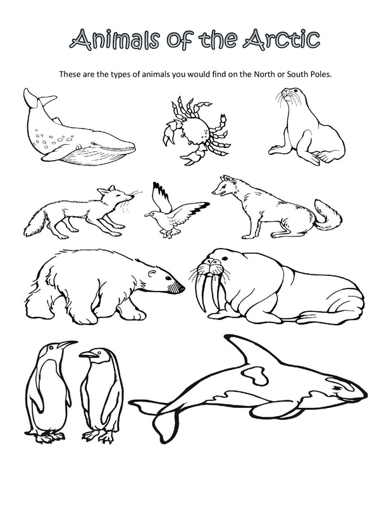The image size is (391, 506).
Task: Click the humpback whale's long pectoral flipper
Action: click(x=63, y=152)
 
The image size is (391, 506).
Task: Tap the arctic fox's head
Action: click(x=118, y=196)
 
